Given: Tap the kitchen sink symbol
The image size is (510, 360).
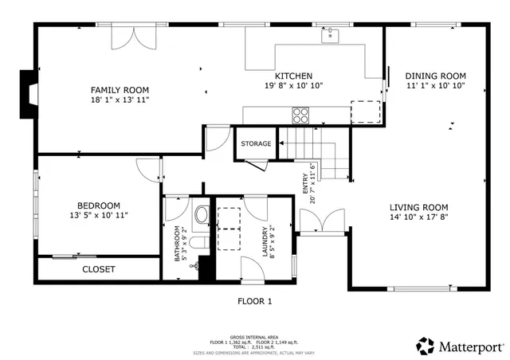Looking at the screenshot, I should (331, 35).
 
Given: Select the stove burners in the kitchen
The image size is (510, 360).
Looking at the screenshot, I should (301, 116).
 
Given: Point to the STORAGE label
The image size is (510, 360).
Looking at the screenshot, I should (257, 144).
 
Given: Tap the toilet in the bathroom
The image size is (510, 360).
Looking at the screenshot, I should (201, 215).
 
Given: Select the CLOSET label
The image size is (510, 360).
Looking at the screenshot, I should (99, 269).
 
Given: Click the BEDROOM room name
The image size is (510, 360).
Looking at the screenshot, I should (99, 204).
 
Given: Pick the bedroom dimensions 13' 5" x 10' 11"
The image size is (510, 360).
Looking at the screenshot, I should (99, 215).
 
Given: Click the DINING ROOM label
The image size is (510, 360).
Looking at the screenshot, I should (435, 76).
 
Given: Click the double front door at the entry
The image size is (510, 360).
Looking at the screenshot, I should (323, 222).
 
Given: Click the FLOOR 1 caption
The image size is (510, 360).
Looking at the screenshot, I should (255, 301).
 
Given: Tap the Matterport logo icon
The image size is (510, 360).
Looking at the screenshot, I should (426, 346).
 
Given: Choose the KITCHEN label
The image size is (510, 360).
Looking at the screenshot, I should (294, 76).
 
